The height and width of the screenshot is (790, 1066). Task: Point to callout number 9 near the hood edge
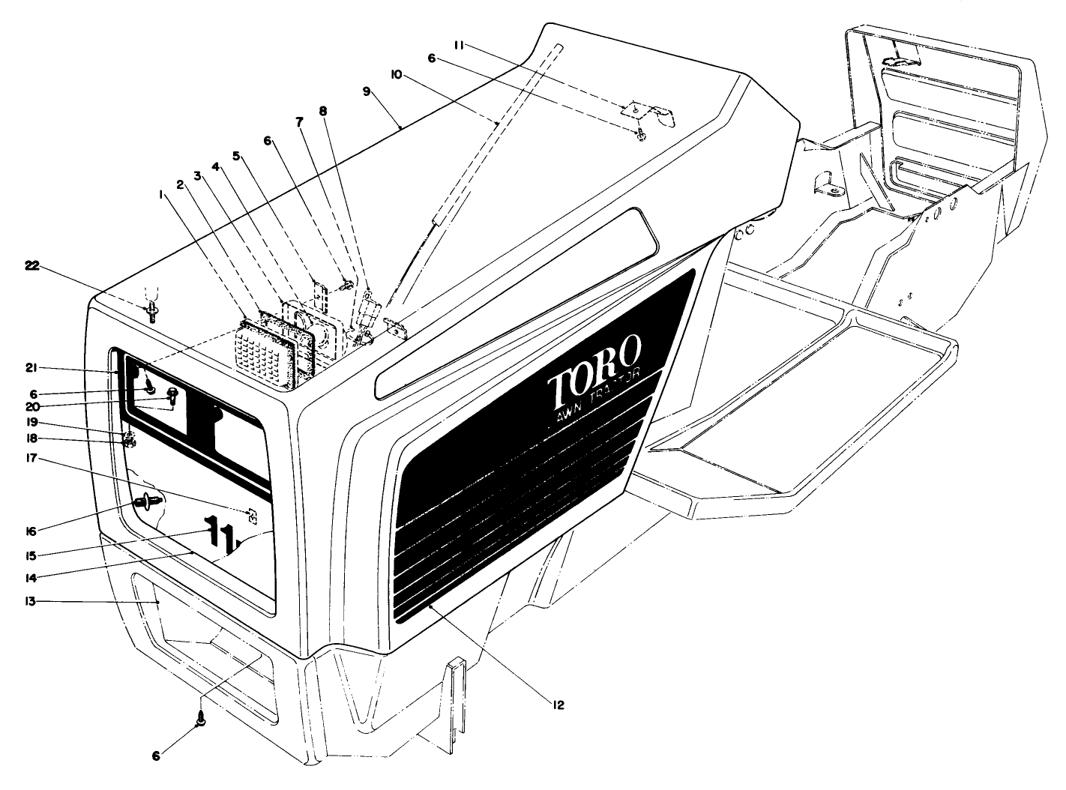(367, 91)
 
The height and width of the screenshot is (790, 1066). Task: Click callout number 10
(397, 74)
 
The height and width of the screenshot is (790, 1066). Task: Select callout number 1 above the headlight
(160, 193)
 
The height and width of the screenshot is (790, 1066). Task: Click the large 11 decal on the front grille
(218, 532)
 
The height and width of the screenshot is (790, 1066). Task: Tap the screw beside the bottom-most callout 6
(201, 720)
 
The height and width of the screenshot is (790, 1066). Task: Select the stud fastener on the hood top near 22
(152, 310)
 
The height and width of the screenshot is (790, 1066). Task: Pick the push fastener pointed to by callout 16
(146, 501)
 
